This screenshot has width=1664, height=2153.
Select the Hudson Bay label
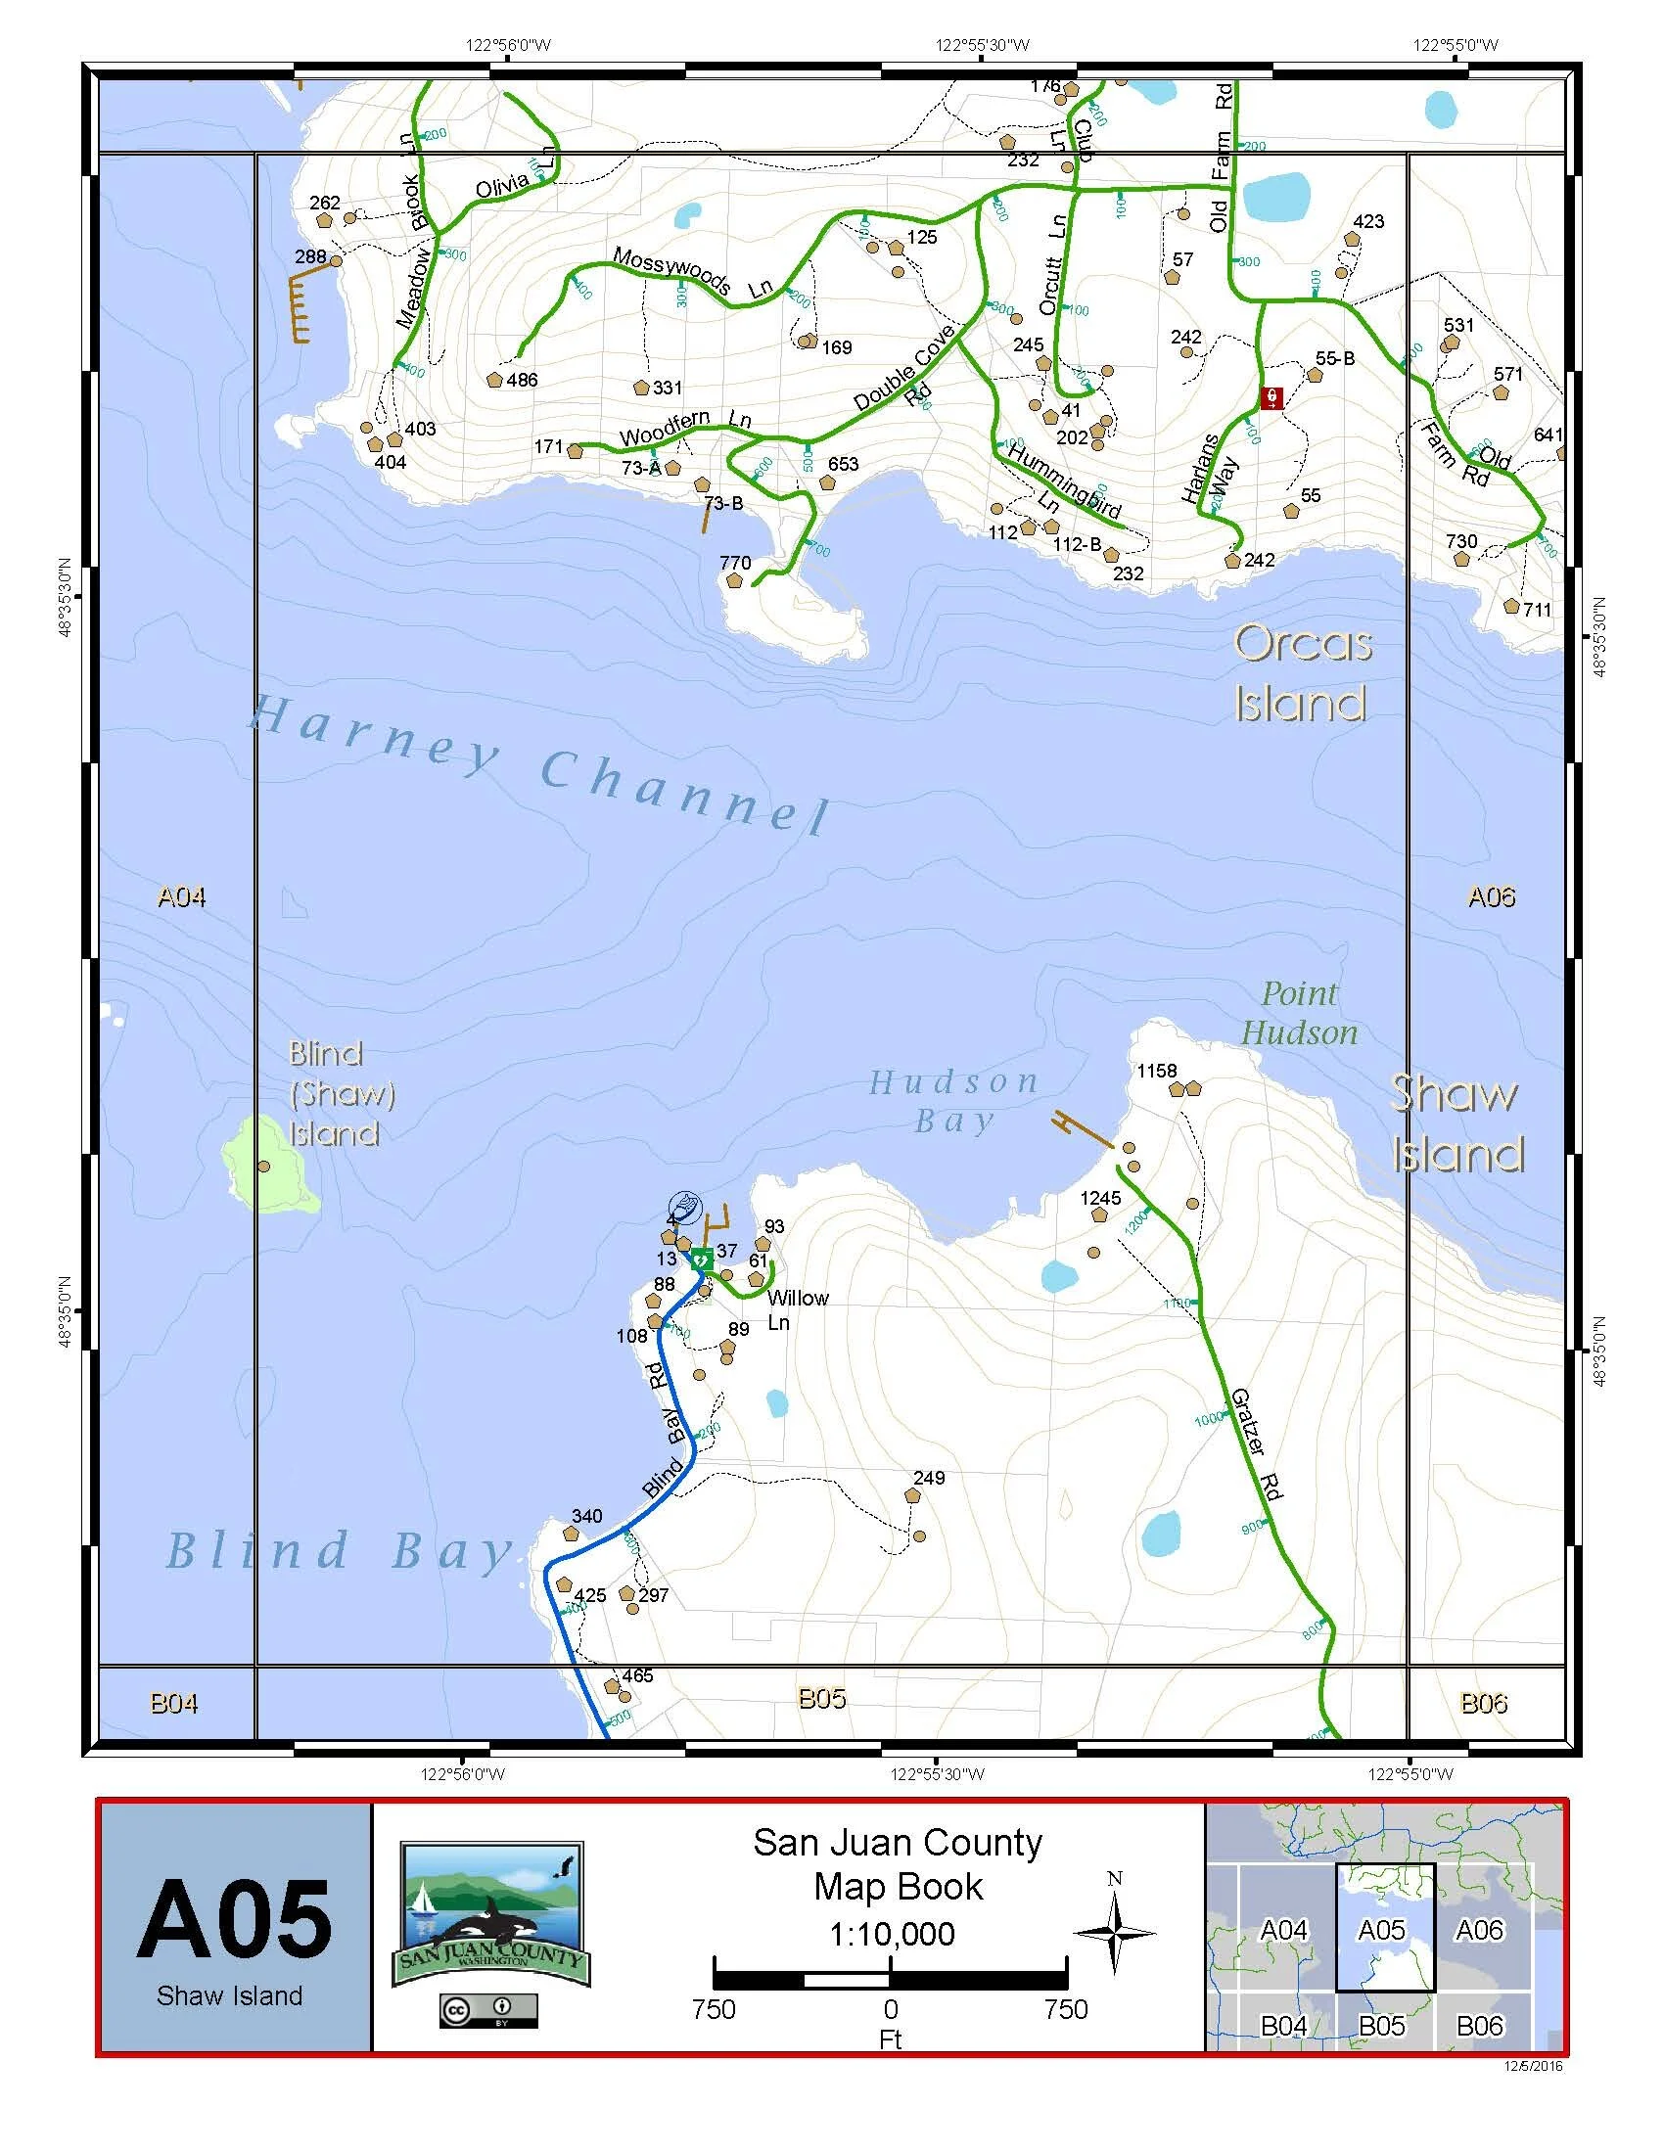click(953, 1101)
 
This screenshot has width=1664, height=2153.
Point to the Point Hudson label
click(1299, 1014)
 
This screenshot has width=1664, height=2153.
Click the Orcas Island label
click(1302, 674)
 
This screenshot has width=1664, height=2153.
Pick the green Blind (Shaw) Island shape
click(268, 1164)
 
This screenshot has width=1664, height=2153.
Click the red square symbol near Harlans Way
click(1271, 398)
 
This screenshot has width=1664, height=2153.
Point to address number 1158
click(1156, 1071)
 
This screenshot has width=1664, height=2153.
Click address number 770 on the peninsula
click(735, 563)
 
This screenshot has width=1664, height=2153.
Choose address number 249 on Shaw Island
click(929, 1477)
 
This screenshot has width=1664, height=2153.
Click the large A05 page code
click(234, 1919)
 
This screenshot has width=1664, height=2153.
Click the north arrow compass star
click(1115, 1930)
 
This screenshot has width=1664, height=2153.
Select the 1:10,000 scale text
click(891, 1933)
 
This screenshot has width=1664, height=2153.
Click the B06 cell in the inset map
click(1479, 2025)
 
